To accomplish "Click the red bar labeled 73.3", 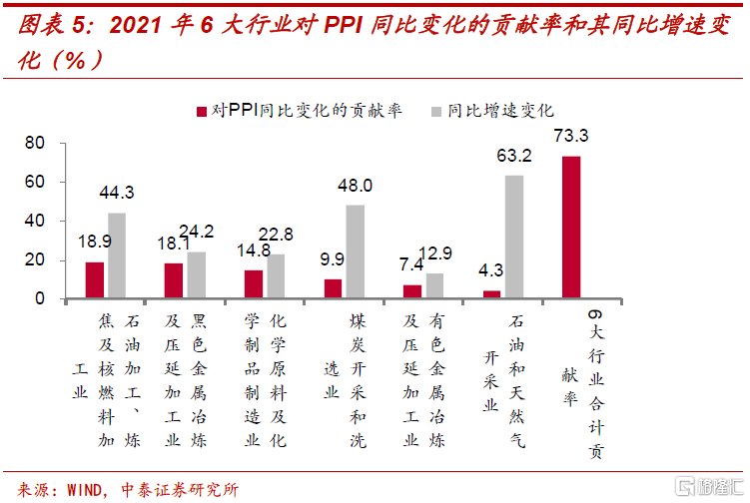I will pyautogui.click(x=571, y=227).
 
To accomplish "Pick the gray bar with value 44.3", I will pyautogui.click(x=117, y=255).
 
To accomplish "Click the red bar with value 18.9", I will pyautogui.click(x=95, y=279).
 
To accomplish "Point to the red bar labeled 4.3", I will pyautogui.click(x=491, y=293).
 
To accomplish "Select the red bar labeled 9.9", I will pyautogui.click(x=333, y=287).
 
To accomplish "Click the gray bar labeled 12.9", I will pyautogui.click(x=434, y=285).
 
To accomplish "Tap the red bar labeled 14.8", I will pyautogui.click(x=254, y=283).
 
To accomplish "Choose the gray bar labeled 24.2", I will pyautogui.click(x=197, y=274).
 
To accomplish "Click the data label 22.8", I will pyautogui.click(x=277, y=235).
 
